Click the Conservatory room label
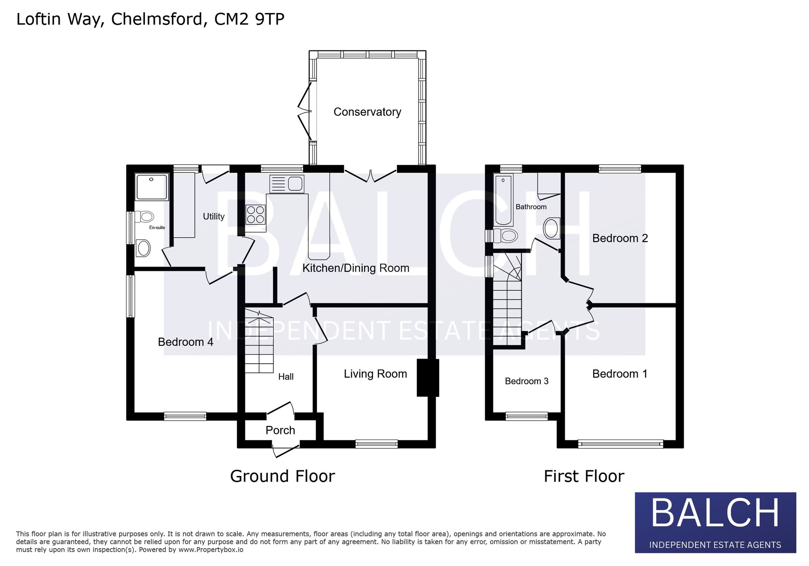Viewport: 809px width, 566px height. click(x=367, y=112)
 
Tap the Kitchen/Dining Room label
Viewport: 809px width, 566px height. click(x=356, y=268)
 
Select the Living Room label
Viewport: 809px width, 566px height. click(x=375, y=374)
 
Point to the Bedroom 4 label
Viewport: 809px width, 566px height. click(x=185, y=342)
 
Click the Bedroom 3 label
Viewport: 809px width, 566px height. click(x=527, y=381)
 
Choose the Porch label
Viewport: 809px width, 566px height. click(x=280, y=430)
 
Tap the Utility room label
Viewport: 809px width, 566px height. click(x=213, y=216)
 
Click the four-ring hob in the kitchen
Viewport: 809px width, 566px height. click(x=256, y=214)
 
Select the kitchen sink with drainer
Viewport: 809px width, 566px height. click(x=287, y=184)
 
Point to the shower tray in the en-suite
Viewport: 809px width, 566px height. click(x=152, y=187)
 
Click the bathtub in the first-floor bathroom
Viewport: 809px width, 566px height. click(x=503, y=200)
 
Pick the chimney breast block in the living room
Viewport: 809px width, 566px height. click(x=428, y=378)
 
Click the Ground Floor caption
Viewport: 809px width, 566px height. click(x=282, y=476)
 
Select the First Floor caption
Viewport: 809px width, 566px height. click(x=584, y=476)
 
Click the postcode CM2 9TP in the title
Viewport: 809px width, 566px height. click(x=249, y=19)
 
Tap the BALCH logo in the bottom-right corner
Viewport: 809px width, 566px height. click(x=715, y=522)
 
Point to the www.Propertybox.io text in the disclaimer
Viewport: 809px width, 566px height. click(x=211, y=550)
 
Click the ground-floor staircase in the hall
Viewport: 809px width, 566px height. click(x=259, y=341)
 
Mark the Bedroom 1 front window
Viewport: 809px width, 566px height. click(x=621, y=444)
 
